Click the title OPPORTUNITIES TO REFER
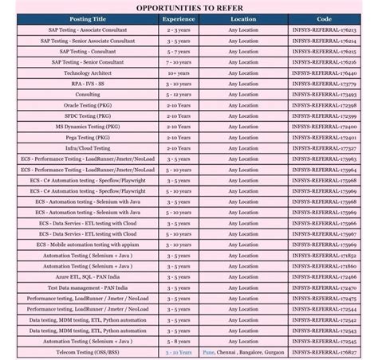coord(188,8)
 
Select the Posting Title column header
coord(88,18)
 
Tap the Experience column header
coord(178,18)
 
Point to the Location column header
coord(243,18)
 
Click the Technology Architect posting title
coord(88,72)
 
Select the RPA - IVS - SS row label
coord(88,83)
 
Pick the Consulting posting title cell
coord(88,94)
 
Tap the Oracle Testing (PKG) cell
coord(88,104)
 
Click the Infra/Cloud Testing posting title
coord(88,147)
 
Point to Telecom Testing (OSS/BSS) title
coord(88,351)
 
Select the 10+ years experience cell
coord(178,72)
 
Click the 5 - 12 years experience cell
coord(178,94)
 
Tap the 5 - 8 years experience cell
coord(178,341)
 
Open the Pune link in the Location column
coord(208,351)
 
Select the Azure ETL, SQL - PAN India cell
coord(88,276)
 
